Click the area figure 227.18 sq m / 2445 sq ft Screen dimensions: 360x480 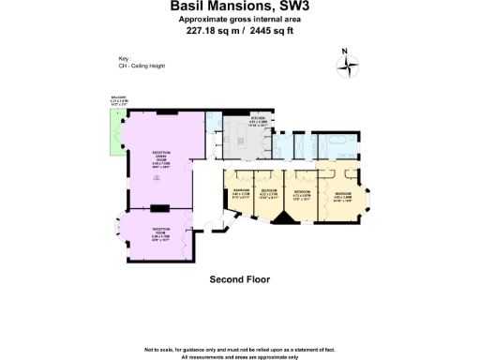[x=239, y=29]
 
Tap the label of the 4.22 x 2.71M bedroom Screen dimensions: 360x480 [x=269, y=195]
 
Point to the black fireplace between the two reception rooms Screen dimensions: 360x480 [x=159, y=205]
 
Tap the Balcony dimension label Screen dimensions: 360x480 [x=118, y=102]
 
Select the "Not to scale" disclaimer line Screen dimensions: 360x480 [x=239, y=349]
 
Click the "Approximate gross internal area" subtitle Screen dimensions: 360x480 [x=239, y=19]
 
